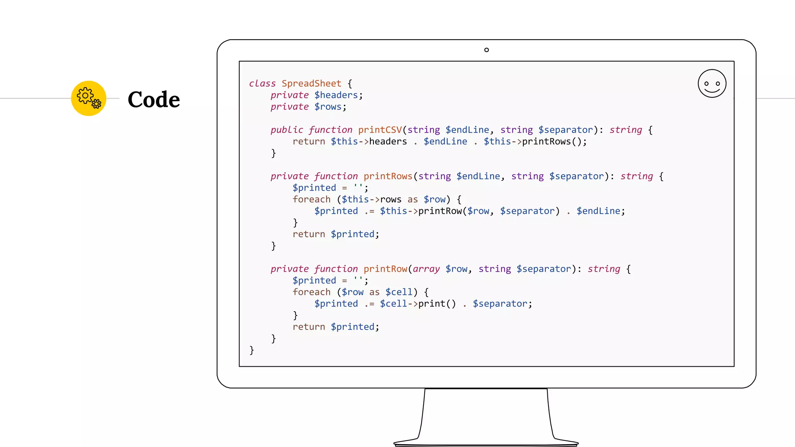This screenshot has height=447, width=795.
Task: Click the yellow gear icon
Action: pyautogui.click(x=89, y=98)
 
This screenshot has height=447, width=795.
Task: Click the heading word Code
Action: pyautogui.click(x=154, y=100)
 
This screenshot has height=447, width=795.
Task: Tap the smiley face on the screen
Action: pyautogui.click(x=712, y=83)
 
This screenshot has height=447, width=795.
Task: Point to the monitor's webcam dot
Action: pyautogui.click(x=486, y=50)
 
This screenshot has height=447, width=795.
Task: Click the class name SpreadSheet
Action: pyautogui.click(x=311, y=83)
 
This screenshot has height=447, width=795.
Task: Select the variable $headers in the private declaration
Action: pyautogui.click(x=336, y=95)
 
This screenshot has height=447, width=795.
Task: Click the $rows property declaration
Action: pyautogui.click(x=328, y=107)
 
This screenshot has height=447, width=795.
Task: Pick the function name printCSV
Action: pyautogui.click(x=380, y=130)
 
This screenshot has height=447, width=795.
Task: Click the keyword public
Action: pyautogui.click(x=286, y=130)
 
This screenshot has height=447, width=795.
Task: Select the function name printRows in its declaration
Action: pyautogui.click(x=387, y=176)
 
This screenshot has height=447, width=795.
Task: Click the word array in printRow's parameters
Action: pyautogui.click(x=426, y=269)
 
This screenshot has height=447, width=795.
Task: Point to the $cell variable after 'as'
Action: pyautogui.click(x=399, y=292)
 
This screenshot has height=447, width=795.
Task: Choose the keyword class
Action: pyautogui.click(x=262, y=83)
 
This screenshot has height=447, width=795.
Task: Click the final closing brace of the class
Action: pyautogui.click(x=252, y=350)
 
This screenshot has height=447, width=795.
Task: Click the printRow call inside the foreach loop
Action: pyautogui.click(x=440, y=211)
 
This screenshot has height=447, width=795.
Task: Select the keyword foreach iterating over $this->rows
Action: pyautogui.click(x=311, y=199)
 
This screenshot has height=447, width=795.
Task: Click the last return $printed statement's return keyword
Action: pyautogui.click(x=309, y=327)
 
